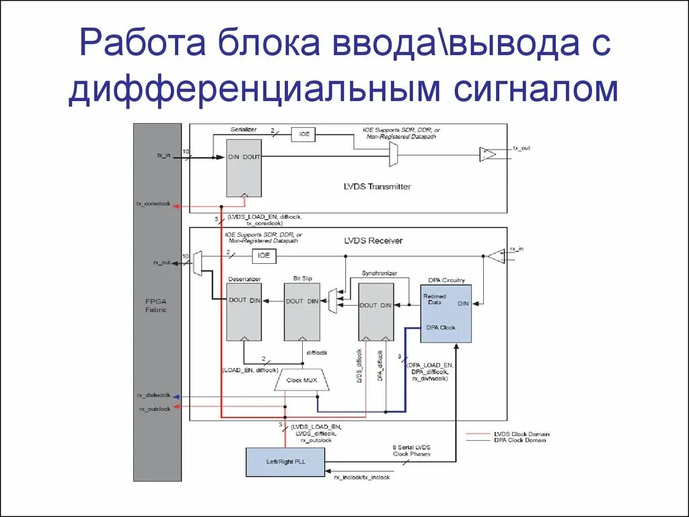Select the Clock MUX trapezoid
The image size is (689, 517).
[x=302, y=380]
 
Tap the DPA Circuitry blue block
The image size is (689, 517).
[x=446, y=313]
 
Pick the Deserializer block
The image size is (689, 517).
[x=244, y=312]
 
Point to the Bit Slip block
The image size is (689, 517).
[x=302, y=312]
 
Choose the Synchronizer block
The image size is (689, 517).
[x=376, y=312]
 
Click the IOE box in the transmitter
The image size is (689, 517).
[x=304, y=134]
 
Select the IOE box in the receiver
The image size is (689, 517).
[x=264, y=256]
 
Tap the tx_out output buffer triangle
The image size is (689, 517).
[x=487, y=154]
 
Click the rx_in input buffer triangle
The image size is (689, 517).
[x=496, y=256]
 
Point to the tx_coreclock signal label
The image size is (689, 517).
[x=154, y=203]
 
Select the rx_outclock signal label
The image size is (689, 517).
[x=154, y=409]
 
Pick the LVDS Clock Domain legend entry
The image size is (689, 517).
[x=517, y=434]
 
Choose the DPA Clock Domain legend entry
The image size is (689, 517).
[x=517, y=440]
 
